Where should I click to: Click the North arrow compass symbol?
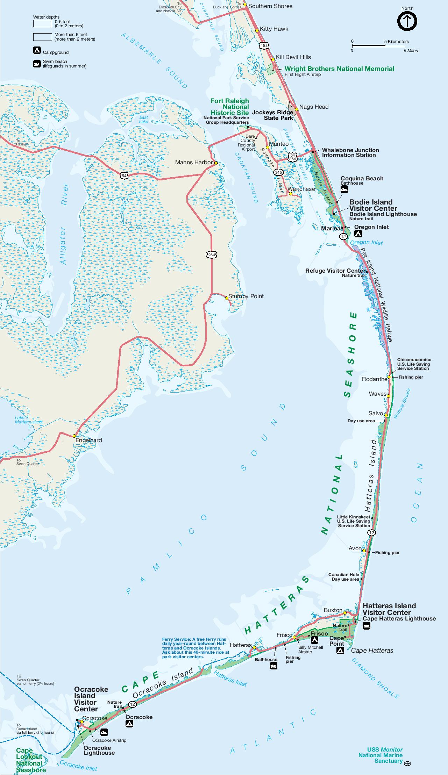pyautogui.click(x=407, y=21)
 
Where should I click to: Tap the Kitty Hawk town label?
pyautogui.click(x=274, y=29)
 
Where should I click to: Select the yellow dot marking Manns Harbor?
pyautogui.click(x=216, y=163)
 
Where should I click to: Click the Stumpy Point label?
pyautogui.click(x=246, y=296)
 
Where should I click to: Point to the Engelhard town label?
pyautogui.click(x=89, y=440)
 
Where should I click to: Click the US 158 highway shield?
pyautogui.click(x=264, y=45)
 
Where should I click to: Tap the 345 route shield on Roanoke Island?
pyautogui.click(x=278, y=172)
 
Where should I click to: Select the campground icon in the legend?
pyautogui.click(x=37, y=51)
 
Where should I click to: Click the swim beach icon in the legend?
pyautogui.click(x=37, y=64)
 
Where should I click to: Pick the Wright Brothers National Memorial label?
pyautogui.click(x=339, y=69)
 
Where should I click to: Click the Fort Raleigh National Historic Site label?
pyautogui.click(x=229, y=107)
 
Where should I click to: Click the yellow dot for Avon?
pyautogui.click(x=364, y=551)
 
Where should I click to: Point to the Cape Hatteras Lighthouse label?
pyautogui.click(x=399, y=618)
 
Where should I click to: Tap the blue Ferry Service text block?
pyautogui.click(x=196, y=648)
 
